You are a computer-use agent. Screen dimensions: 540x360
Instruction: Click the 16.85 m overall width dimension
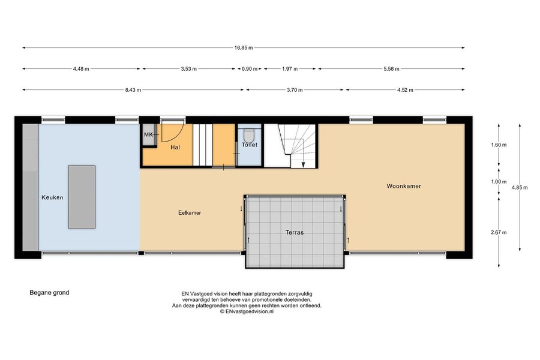(x=244, y=48)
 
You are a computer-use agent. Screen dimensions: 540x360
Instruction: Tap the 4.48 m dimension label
(x=81, y=69)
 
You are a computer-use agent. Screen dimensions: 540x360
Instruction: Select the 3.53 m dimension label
(x=189, y=69)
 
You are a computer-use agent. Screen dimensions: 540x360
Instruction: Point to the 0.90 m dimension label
(x=250, y=69)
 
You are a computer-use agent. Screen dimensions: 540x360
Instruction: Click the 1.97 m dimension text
(x=290, y=69)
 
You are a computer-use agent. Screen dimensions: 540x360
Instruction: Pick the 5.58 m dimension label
(x=391, y=69)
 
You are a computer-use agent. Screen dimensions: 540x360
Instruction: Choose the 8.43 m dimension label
(x=133, y=90)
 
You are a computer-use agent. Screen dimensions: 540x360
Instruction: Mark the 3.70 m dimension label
(x=295, y=90)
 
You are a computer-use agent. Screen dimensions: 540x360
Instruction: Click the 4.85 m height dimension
(x=520, y=188)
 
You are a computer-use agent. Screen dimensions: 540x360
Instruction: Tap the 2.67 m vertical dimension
(x=499, y=233)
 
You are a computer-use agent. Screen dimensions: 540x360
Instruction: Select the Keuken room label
(x=52, y=197)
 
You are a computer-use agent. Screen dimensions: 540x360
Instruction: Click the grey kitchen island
(x=82, y=197)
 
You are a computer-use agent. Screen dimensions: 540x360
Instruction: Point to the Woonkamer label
(x=404, y=186)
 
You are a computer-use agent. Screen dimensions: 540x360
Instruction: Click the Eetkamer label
(x=190, y=213)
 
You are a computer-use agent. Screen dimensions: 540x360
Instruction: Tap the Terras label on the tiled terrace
(x=295, y=233)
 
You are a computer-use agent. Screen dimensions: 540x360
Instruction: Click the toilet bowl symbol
(x=248, y=134)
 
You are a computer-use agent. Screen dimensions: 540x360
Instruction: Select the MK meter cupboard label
(x=148, y=134)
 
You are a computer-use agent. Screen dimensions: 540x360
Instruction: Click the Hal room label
(x=175, y=148)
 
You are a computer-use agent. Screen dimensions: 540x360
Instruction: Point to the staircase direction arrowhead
(x=303, y=165)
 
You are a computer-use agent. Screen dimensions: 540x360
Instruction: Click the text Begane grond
(x=49, y=293)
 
